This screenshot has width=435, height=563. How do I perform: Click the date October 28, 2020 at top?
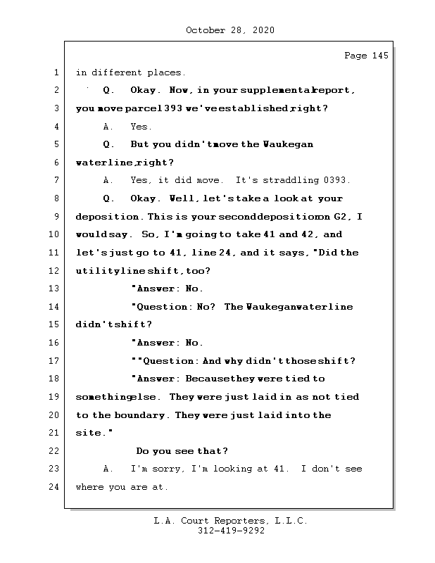229,30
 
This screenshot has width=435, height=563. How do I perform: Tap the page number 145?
380,56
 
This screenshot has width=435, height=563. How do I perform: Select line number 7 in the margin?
56,181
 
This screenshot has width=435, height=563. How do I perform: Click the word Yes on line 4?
141,127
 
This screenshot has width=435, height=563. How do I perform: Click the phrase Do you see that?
182,451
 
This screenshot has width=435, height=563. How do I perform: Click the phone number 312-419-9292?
230,531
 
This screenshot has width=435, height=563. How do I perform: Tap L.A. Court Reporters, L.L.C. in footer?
230,521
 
